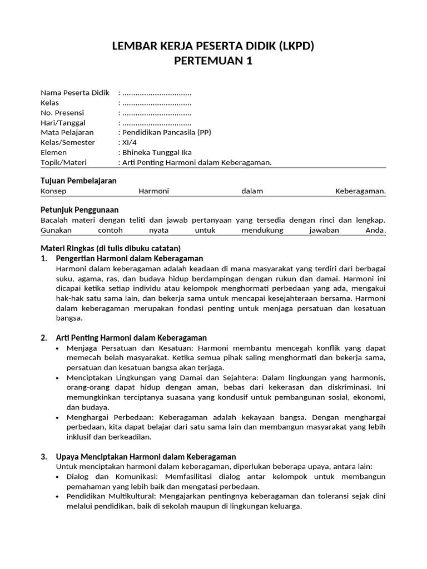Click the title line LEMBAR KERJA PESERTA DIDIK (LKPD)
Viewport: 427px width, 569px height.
point(213,46)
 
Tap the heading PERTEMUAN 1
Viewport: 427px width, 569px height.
point(213,61)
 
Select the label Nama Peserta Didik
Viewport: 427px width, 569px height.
point(75,92)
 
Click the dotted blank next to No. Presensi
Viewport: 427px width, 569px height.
point(157,113)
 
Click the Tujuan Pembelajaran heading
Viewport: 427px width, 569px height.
point(79,181)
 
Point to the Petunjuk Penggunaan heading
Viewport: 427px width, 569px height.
point(80,210)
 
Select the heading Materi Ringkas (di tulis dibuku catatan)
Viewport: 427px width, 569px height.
point(111,248)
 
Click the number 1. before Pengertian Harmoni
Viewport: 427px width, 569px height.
point(44,258)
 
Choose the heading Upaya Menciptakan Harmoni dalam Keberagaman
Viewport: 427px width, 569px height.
point(146,457)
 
